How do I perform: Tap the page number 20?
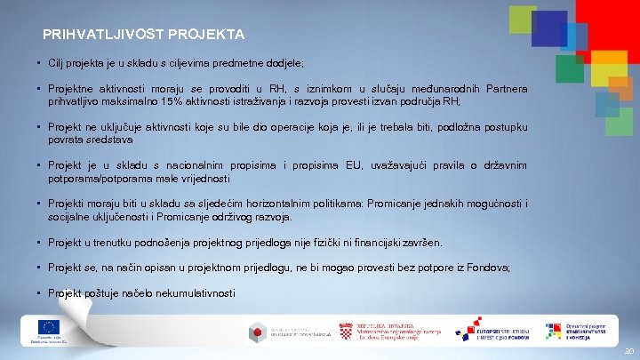(x=628, y=351)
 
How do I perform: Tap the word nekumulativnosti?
(x=193, y=292)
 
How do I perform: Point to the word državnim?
(x=503, y=165)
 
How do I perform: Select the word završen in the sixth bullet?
(x=420, y=243)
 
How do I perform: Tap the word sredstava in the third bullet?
(x=108, y=140)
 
